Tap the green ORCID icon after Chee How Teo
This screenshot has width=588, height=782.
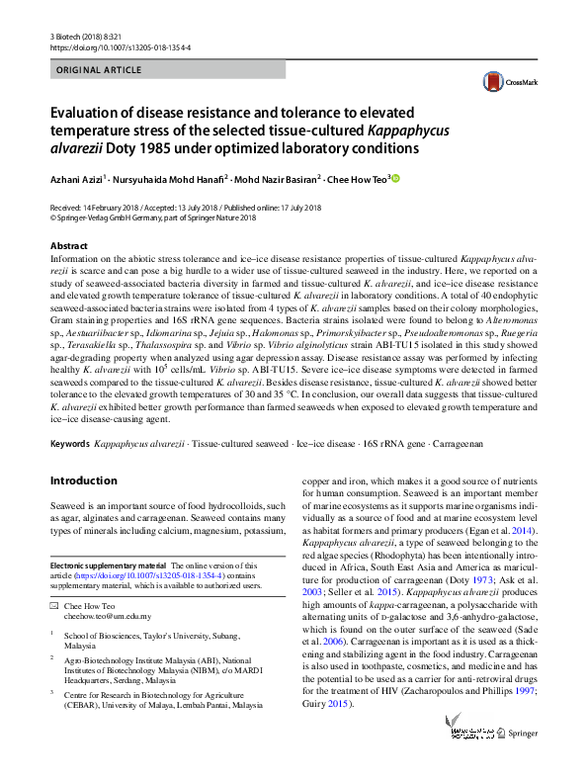pyautogui.click(x=394, y=179)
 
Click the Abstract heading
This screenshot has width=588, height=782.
pyautogui.click(x=68, y=245)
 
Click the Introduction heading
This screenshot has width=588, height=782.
pyautogui.click(x=83, y=481)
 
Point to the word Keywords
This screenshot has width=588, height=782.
pyautogui.click(x=69, y=446)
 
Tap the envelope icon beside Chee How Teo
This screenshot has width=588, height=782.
pyautogui.click(x=54, y=604)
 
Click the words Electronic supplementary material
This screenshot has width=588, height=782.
pyautogui.click(x=108, y=565)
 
